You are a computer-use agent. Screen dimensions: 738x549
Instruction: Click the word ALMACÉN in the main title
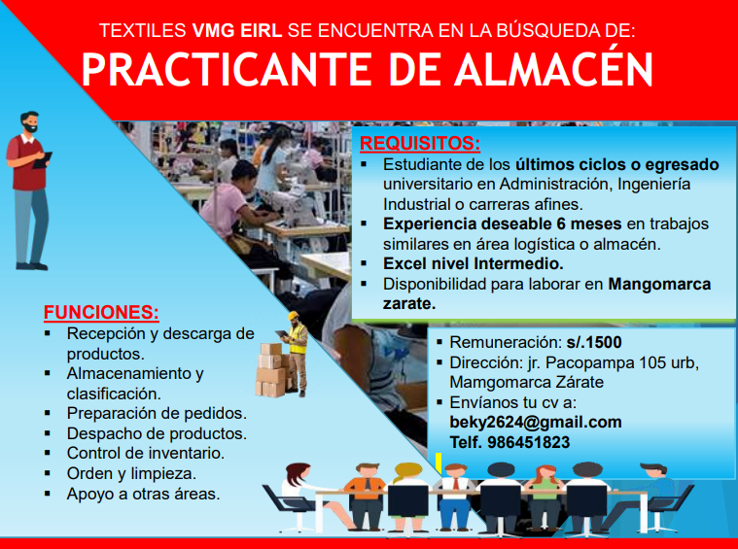coord(553,69)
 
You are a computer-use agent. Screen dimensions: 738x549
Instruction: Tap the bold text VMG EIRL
coord(236,30)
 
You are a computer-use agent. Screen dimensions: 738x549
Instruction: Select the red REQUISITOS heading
coord(420,143)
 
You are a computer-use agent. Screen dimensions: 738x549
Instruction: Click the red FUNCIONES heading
coord(101,312)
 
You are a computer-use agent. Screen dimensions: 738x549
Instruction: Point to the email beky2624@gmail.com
coord(536,422)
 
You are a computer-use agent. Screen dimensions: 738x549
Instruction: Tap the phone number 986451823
coord(528,442)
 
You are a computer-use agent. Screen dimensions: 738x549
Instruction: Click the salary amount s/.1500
coord(594,342)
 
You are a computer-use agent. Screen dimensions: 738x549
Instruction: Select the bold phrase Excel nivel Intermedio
coord(473,263)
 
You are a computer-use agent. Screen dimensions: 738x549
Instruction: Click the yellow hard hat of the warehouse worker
coord(294,315)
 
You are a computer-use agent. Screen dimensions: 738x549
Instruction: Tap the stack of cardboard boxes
coord(271,370)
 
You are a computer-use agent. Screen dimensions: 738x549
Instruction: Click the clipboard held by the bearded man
coord(43,160)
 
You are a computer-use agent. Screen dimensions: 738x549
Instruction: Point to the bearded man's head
coord(29,122)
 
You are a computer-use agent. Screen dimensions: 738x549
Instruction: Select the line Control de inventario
coord(146,453)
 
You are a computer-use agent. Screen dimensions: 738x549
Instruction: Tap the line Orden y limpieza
coord(131,473)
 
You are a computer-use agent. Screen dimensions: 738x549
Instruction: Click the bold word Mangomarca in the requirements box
coord(659,284)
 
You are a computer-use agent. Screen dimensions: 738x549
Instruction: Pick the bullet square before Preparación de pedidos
coord(47,413)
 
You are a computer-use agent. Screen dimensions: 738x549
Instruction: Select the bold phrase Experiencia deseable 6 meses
coord(502,223)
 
